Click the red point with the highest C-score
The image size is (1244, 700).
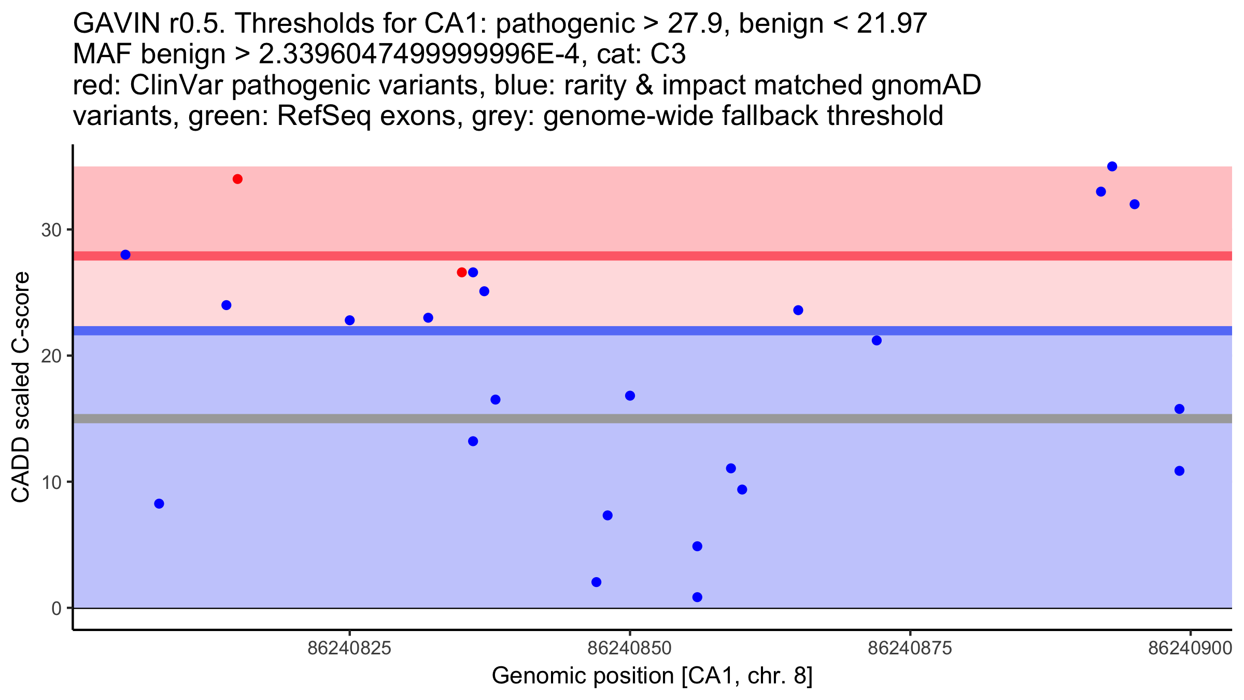[237, 179]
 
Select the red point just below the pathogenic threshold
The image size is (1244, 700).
[461, 272]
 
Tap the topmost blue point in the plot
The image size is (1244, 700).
[1112, 166]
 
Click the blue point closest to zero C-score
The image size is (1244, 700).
[697, 597]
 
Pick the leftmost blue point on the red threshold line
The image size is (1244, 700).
[125, 255]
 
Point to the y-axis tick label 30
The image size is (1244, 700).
[51, 230]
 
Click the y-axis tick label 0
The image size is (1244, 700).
[56, 608]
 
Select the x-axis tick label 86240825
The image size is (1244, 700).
[349, 648]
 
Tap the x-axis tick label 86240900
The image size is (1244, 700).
[1190, 648]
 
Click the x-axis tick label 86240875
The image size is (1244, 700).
[910, 648]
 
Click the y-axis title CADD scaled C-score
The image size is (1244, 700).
[21, 387]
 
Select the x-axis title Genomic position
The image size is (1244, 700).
[652, 676]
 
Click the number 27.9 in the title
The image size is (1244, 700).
[695, 23]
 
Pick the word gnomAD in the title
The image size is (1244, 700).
[926, 85]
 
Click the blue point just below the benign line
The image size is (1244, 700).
[877, 341]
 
